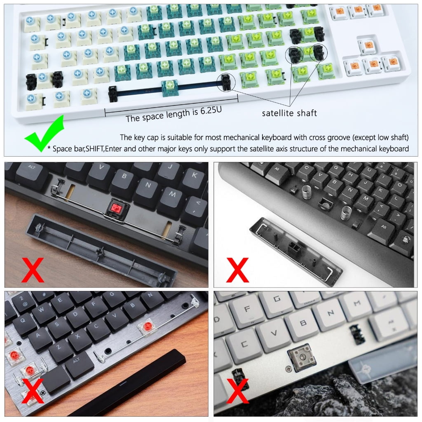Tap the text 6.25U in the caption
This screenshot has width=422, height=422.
(211, 110)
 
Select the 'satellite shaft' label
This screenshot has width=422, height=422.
(289, 113)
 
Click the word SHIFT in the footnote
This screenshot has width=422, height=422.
(94, 148)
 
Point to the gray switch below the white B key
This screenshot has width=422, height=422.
(301, 357)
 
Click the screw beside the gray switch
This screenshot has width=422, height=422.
(288, 369)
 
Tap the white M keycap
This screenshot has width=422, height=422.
(357, 304)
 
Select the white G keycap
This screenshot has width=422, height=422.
(277, 299)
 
